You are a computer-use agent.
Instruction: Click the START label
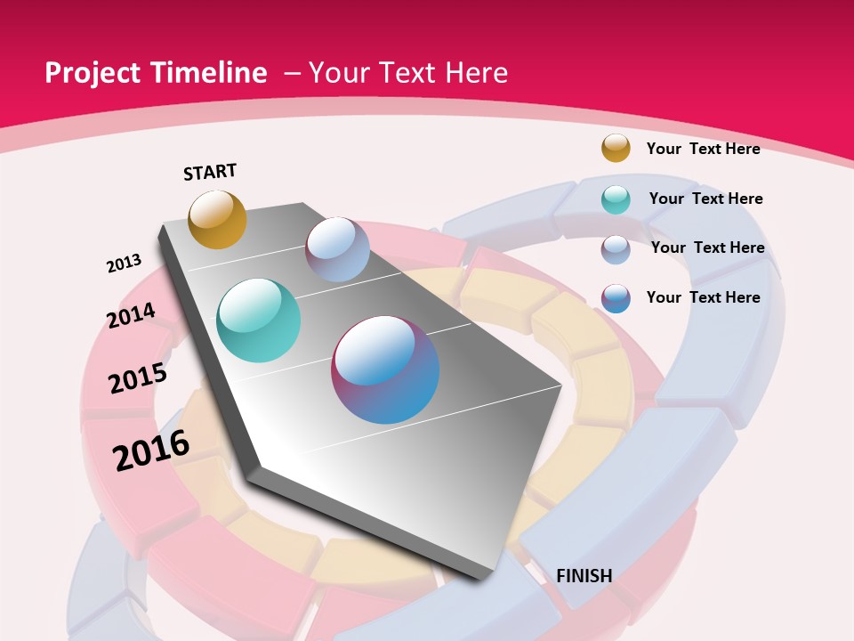coord(210,172)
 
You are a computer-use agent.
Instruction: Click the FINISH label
coord(584,576)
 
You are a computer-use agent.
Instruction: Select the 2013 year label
coord(124,264)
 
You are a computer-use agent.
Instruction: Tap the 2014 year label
coord(131,315)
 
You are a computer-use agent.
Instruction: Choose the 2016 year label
coord(151,450)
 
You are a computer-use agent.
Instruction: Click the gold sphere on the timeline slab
coord(217,219)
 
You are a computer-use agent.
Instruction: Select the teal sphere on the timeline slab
coord(258,320)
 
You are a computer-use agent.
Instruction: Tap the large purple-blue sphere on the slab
coord(385,369)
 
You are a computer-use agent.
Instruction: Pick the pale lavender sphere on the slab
coord(337,249)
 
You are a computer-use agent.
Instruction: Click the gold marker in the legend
coord(616,148)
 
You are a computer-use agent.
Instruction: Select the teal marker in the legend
coord(616,199)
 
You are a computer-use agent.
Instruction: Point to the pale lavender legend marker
coord(616,249)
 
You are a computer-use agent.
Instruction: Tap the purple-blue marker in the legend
coord(616,298)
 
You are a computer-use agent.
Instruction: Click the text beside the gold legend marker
coord(703,149)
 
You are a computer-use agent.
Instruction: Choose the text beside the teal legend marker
coord(705,199)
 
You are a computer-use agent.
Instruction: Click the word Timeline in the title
coord(210,73)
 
